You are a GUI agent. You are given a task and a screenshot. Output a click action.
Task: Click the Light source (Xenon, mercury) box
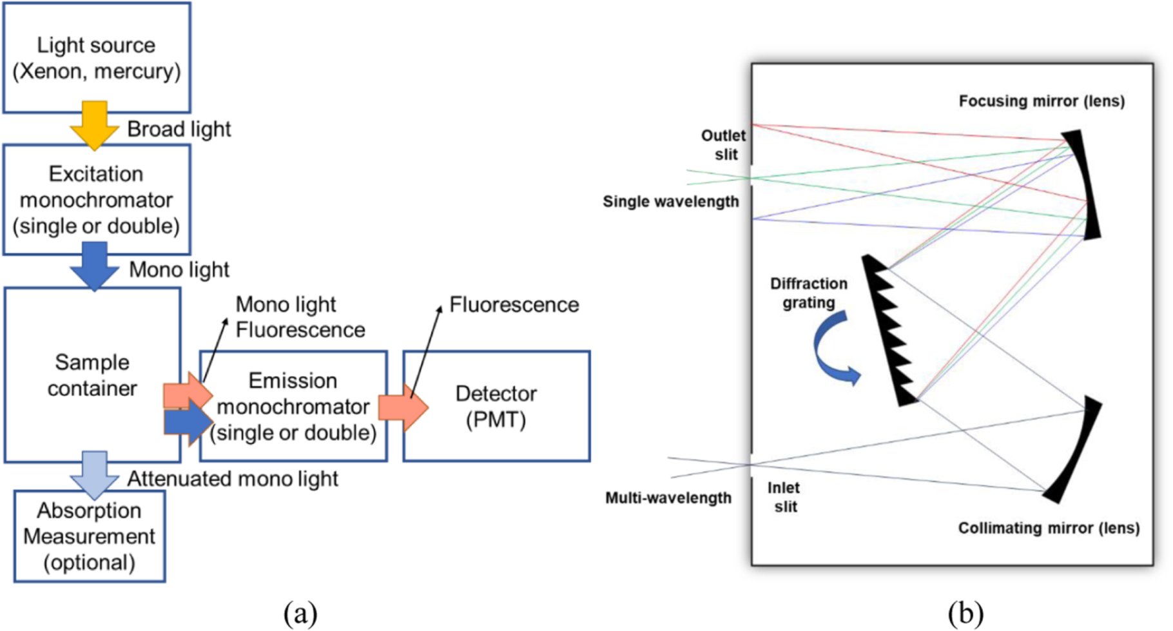[97, 58]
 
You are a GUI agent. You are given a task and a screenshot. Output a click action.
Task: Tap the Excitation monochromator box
[97, 200]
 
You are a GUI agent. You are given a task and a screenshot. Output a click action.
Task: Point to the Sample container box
[92, 375]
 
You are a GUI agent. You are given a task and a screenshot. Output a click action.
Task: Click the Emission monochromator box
[293, 406]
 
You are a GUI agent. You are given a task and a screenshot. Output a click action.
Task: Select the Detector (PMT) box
[496, 406]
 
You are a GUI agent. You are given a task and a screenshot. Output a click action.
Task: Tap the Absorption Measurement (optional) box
[90, 536]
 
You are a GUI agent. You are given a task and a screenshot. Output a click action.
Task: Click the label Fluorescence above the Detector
[514, 305]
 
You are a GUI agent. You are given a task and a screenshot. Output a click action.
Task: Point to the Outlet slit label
[724, 145]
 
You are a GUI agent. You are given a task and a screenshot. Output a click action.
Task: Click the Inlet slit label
[784, 497]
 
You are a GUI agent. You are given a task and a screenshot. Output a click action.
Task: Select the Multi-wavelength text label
[668, 498]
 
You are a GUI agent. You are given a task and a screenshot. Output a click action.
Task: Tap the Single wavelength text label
[670, 202]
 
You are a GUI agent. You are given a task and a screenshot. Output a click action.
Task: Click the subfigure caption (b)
[965, 612]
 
